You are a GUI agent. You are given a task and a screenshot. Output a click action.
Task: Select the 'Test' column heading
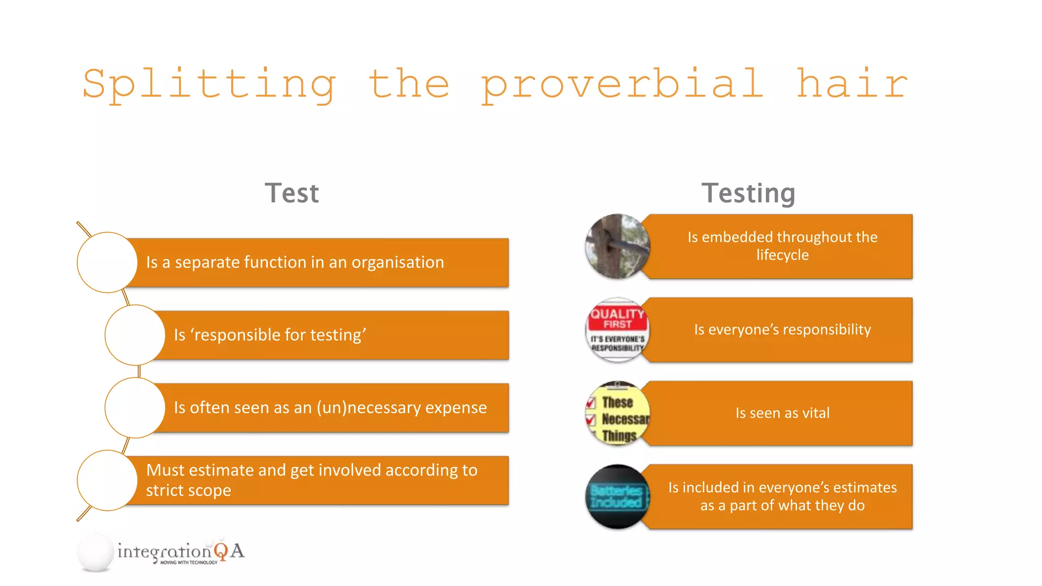[x=292, y=193]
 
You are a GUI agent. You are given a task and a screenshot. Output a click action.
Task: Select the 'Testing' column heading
[x=748, y=193]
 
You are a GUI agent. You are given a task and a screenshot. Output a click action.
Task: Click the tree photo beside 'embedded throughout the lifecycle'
[x=617, y=246]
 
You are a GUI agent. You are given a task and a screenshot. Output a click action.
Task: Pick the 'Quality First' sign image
[x=617, y=330]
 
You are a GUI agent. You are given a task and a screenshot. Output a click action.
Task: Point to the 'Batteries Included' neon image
[x=617, y=496]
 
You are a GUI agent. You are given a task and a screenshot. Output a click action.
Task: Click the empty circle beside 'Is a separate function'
[x=107, y=262]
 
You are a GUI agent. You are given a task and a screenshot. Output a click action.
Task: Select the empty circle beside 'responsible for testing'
[x=135, y=335]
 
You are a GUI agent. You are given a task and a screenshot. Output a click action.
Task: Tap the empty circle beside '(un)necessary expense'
[x=135, y=407]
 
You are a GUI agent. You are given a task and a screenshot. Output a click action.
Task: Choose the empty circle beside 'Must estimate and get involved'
[x=107, y=480]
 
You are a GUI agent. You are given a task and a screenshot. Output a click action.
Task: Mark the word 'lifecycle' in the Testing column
[x=782, y=255]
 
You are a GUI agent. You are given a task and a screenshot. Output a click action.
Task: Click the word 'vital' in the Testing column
[x=816, y=413]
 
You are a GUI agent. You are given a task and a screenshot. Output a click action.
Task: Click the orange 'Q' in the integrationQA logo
[x=221, y=551]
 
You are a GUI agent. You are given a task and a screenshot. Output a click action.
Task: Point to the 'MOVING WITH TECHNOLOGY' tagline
[x=189, y=563]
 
